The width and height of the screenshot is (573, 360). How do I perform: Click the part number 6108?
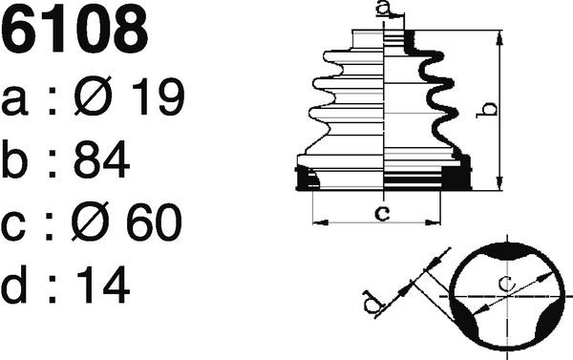point(74,29)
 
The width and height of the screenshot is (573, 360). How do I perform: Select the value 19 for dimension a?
point(159,96)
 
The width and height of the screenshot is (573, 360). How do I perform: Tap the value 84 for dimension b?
point(102,159)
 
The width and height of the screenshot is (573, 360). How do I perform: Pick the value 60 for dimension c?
point(154,222)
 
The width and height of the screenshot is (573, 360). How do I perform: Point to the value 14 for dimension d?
point(103,285)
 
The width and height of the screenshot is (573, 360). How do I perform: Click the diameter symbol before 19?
point(93,95)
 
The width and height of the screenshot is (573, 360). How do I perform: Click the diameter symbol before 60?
point(90,222)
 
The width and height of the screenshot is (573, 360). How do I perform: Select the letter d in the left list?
point(14,285)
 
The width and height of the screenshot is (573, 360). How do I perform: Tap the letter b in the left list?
point(14,159)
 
